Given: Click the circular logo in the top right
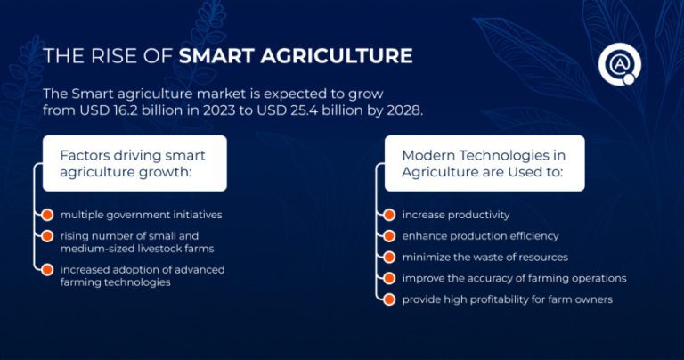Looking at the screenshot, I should point(616,64).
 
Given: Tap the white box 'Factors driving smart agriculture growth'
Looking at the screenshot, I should point(134,163).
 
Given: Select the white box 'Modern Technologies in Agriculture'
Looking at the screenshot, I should point(484,163).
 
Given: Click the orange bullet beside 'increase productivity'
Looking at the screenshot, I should point(388,216).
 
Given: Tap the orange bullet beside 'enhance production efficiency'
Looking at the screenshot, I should point(388,236).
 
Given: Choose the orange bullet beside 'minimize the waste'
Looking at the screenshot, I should point(388,258).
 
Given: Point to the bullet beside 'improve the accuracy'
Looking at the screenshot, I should point(388,278).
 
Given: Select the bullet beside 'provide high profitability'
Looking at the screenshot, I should point(388,299).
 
